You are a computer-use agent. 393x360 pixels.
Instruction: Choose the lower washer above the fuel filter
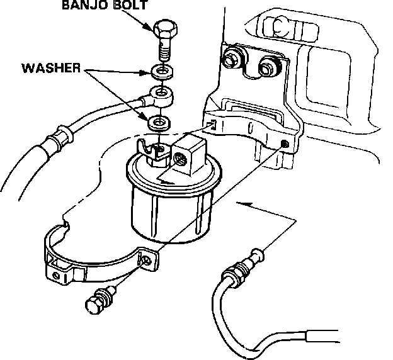[158, 121]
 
